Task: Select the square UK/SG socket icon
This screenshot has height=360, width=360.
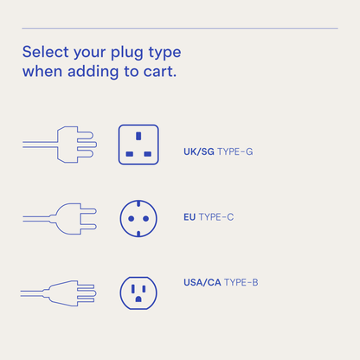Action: pyautogui.click(x=138, y=145)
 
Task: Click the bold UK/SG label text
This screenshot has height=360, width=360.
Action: pyautogui.click(x=198, y=151)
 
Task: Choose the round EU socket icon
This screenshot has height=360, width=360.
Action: pyautogui.click(x=138, y=218)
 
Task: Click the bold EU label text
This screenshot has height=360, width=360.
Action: pyautogui.click(x=190, y=217)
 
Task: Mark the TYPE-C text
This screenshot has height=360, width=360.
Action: pyautogui.click(x=216, y=217)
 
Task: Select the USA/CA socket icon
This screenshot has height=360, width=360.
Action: pyautogui.click(x=138, y=292)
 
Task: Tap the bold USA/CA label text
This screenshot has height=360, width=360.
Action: pyautogui.click(x=202, y=283)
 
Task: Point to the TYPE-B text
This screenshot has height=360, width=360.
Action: pyautogui.click(x=241, y=283)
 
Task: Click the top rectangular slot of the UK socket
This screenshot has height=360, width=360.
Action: pyautogui.click(x=138, y=136)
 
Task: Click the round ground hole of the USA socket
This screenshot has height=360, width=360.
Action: pyautogui.click(x=138, y=300)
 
